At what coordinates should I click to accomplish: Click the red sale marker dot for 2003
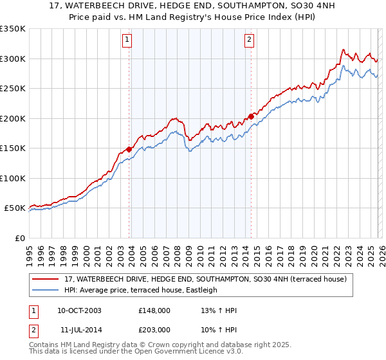point(129,149)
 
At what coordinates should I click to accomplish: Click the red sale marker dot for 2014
point(251,117)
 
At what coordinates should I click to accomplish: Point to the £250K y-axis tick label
point(13,89)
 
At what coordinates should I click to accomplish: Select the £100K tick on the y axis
point(13,178)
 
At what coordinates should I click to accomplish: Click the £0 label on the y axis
point(19,238)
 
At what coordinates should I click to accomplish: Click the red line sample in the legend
point(46,279)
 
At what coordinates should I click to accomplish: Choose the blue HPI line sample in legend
point(46,290)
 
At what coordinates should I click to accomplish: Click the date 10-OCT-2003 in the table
point(79,310)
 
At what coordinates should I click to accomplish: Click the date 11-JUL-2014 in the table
point(78,329)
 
